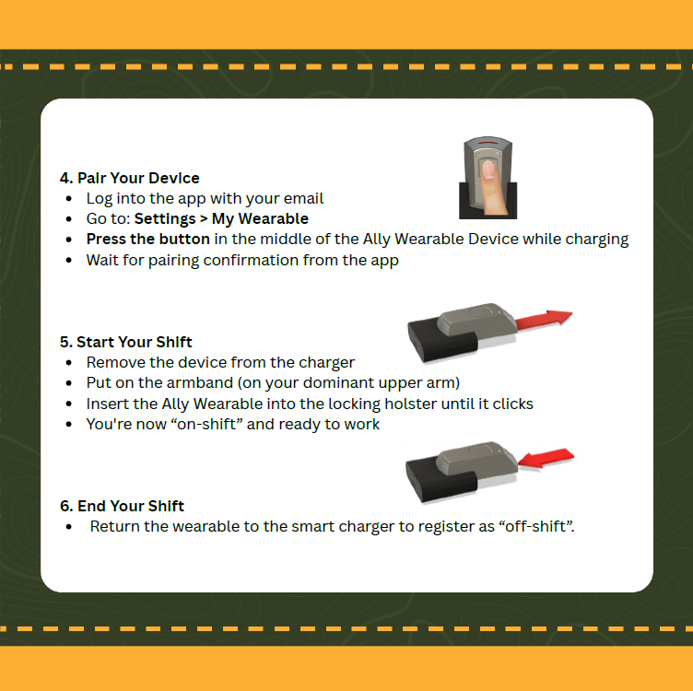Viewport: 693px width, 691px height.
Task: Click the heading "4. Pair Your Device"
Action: [130, 178]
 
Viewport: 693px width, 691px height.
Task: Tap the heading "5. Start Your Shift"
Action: [126, 342]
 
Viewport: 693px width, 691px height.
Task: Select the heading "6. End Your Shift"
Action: [122, 506]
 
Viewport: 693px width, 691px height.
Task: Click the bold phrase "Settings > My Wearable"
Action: [221, 218]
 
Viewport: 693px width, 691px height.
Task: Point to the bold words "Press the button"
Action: [148, 239]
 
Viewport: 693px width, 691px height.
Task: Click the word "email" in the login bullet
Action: [303, 198]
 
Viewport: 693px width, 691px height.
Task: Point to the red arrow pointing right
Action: [544, 319]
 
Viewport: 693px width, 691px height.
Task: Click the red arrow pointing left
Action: [546, 458]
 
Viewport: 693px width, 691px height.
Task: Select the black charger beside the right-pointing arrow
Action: [442, 340]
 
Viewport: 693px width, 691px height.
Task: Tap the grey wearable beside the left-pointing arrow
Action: [476, 458]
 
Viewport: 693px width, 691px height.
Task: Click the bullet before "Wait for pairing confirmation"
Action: [68, 260]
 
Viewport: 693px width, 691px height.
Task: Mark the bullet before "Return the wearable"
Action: [68, 527]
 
